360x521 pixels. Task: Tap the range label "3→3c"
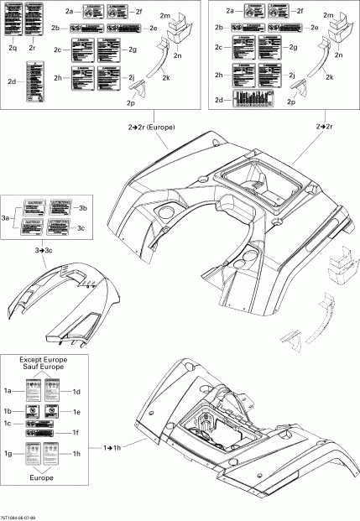[x=44, y=250]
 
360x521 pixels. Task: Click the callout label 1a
[x=8, y=392]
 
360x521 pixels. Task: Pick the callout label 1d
[x=76, y=392]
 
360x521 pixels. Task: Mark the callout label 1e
[x=76, y=412]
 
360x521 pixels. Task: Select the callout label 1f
[x=76, y=432]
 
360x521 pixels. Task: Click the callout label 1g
[x=8, y=454]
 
